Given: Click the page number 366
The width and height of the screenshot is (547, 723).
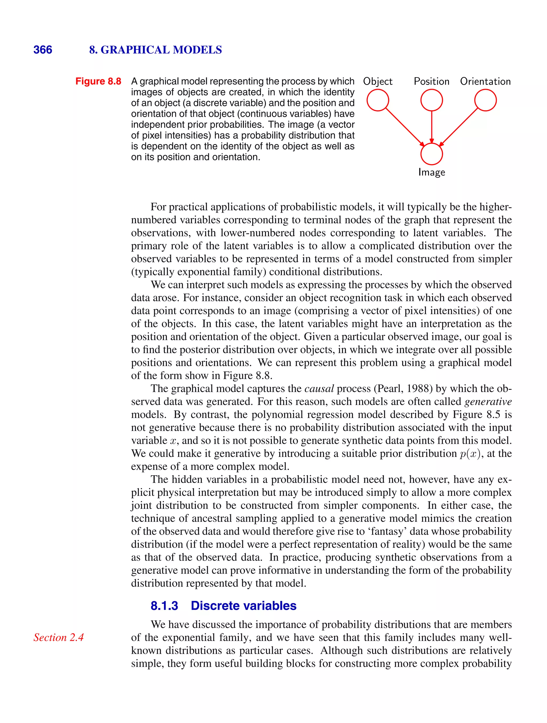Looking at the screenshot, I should point(42,50).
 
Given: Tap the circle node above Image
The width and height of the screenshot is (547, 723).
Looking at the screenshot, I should point(431,154).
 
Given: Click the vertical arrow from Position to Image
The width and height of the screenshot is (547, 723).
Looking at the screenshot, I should point(431,127).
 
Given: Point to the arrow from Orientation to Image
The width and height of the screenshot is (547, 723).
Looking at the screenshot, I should point(458,127).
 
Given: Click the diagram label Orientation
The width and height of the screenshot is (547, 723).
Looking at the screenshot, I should point(485,81).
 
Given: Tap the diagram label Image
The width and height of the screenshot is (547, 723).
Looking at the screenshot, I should point(431,172).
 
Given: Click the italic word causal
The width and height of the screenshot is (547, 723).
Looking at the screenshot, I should point(319,389).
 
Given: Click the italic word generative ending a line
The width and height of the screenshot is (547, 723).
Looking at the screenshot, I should point(488,402).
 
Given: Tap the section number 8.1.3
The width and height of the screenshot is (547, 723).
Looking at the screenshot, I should point(164,606).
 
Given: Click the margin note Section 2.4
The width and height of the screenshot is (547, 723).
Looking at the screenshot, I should point(58,637).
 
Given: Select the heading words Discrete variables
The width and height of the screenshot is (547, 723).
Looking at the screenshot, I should point(243,606).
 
